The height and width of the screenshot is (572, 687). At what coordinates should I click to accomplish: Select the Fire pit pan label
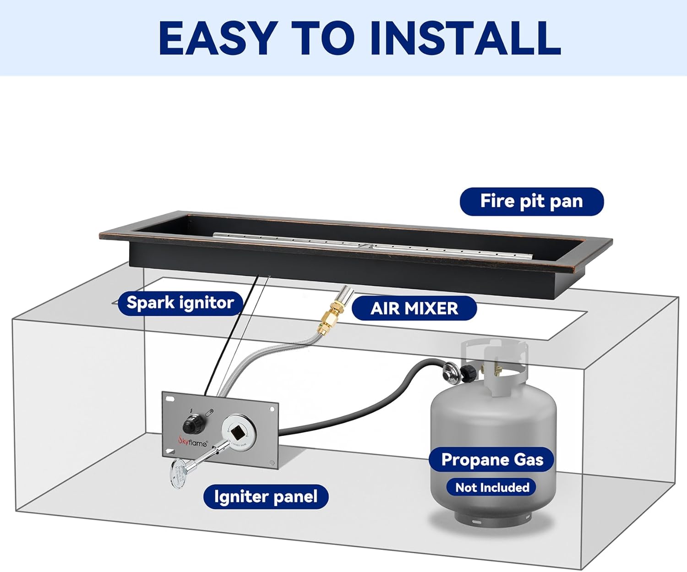(x=531, y=202)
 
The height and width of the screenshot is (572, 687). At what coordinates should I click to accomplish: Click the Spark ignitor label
(x=180, y=303)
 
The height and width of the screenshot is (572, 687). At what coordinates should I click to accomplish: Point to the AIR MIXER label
(x=414, y=308)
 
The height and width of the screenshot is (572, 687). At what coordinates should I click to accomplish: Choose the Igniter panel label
(x=266, y=497)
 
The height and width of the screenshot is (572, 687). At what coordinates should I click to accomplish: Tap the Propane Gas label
(x=492, y=459)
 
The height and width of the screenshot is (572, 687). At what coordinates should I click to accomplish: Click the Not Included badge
(x=492, y=487)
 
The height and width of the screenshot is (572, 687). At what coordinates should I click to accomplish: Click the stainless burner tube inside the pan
(x=371, y=247)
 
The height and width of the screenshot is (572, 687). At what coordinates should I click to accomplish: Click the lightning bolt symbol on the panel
(x=191, y=410)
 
